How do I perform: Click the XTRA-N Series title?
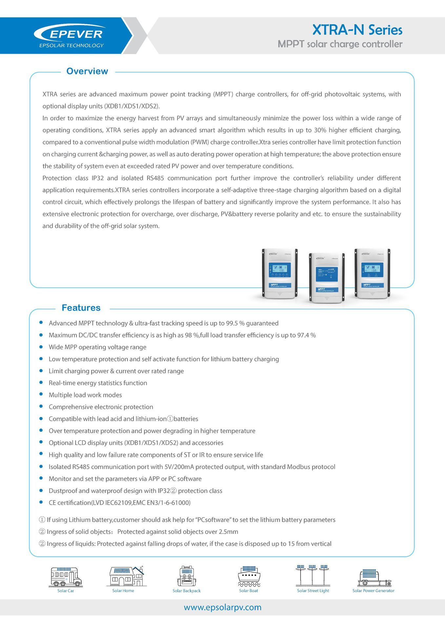(x=357, y=30)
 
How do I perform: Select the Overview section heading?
(x=87, y=71)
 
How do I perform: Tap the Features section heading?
(x=81, y=308)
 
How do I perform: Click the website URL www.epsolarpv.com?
(x=223, y=607)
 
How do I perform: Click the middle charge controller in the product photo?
(x=327, y=278)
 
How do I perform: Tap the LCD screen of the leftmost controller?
(x=279, y=271)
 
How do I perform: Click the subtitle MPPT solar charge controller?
(x=340, y=44)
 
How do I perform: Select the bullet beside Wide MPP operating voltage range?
(x=41, y=347)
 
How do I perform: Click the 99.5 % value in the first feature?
(x=235, y=323)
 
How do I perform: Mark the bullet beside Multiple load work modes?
(x=41, y=394)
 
